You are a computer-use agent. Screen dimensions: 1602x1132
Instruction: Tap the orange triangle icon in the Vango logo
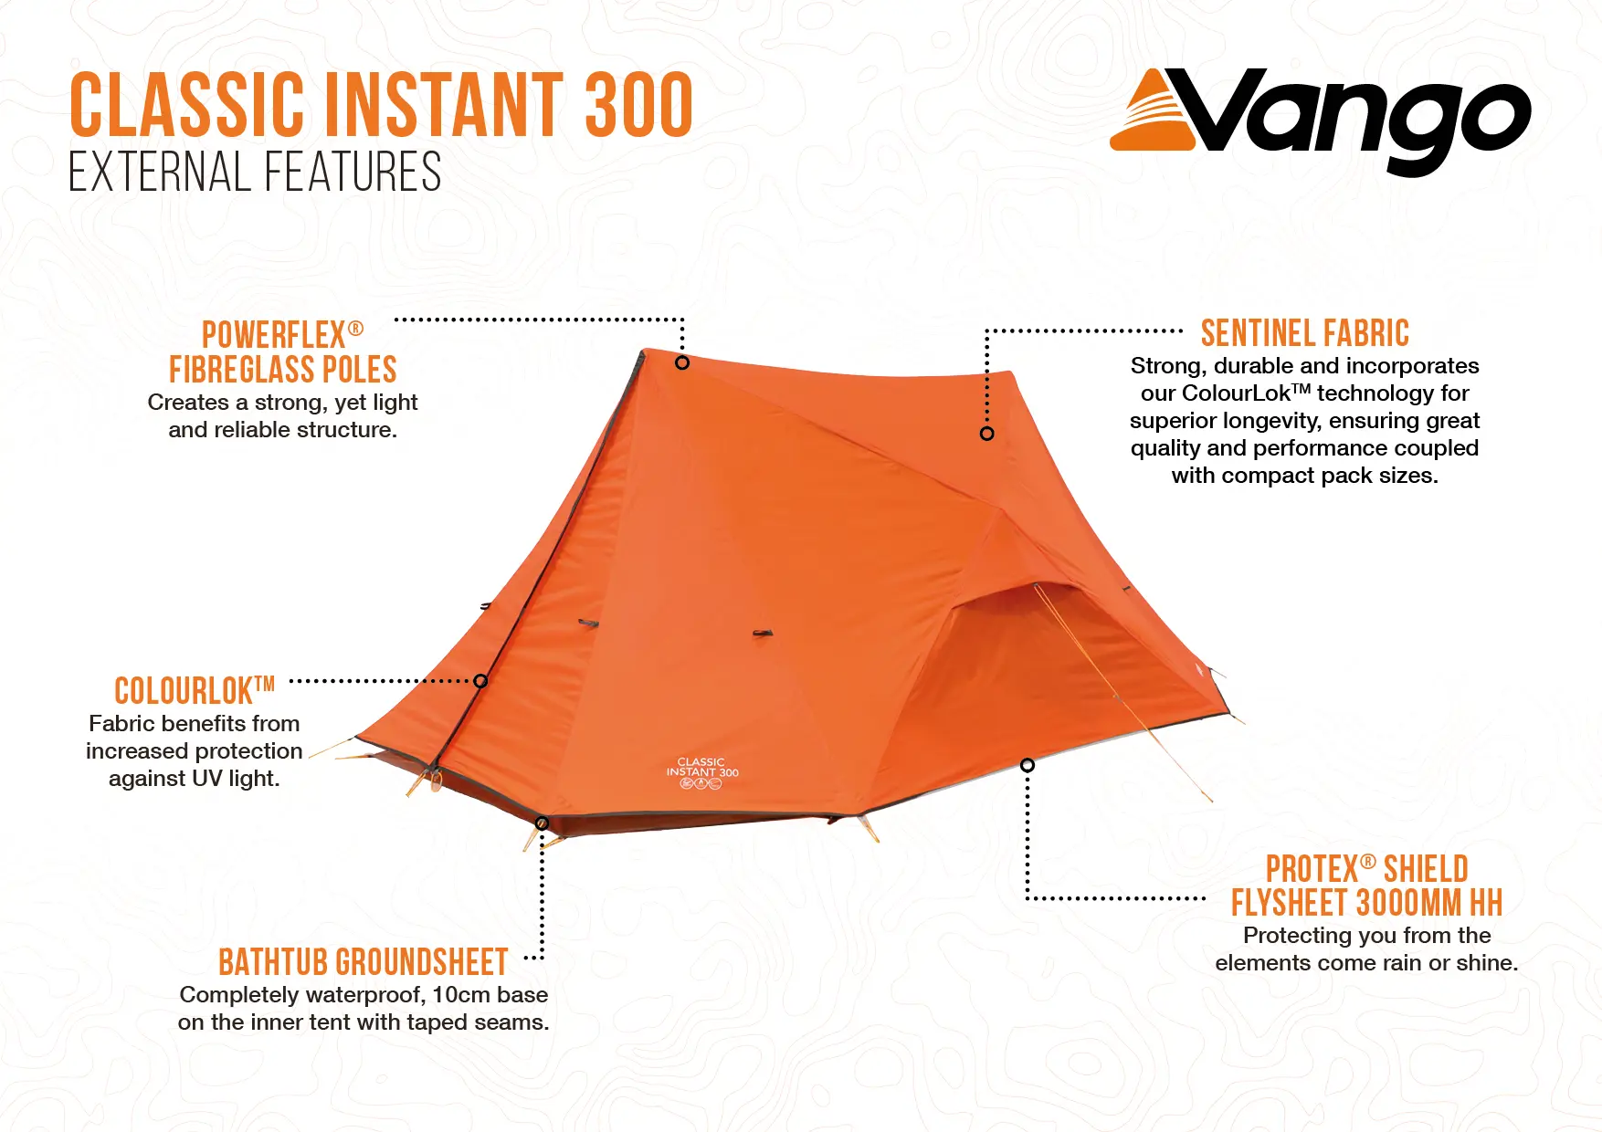pyautogui.click(x=1153, y=114)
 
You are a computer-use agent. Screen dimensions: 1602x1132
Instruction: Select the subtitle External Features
pyautogui.click(x=255, y=173)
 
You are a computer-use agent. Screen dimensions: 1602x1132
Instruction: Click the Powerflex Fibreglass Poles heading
pyautogui.click(x=283, y=352)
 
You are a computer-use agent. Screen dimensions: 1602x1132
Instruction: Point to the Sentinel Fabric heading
pyautogui.click(x=1305, y=333)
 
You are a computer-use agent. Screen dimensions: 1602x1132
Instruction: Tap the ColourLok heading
pyautogui.click(x=195, y=691)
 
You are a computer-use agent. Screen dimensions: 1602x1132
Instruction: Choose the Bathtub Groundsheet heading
pyautogui.click(x=364, y=962)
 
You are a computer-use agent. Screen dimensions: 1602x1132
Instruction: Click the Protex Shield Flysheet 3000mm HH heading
pyautogui.click(x=1366, y=886)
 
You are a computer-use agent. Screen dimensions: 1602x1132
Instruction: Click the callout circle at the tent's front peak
pyautogui.click(x=682, y=362)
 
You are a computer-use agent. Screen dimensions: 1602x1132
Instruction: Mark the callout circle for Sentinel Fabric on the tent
pyautogui.click(x=986, y=434)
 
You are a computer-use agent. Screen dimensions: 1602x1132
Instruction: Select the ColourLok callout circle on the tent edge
pyautogui.click(x=480, y=681)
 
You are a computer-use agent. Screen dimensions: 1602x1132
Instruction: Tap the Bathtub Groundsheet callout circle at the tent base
pyautogui.click(x=542, y=823)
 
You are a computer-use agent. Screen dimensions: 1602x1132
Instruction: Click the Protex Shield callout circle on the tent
pyautogui.click(x=1028, y=765)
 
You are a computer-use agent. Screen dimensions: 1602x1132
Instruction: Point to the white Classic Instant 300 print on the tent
pyautogui.click(x=701, y=772)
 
